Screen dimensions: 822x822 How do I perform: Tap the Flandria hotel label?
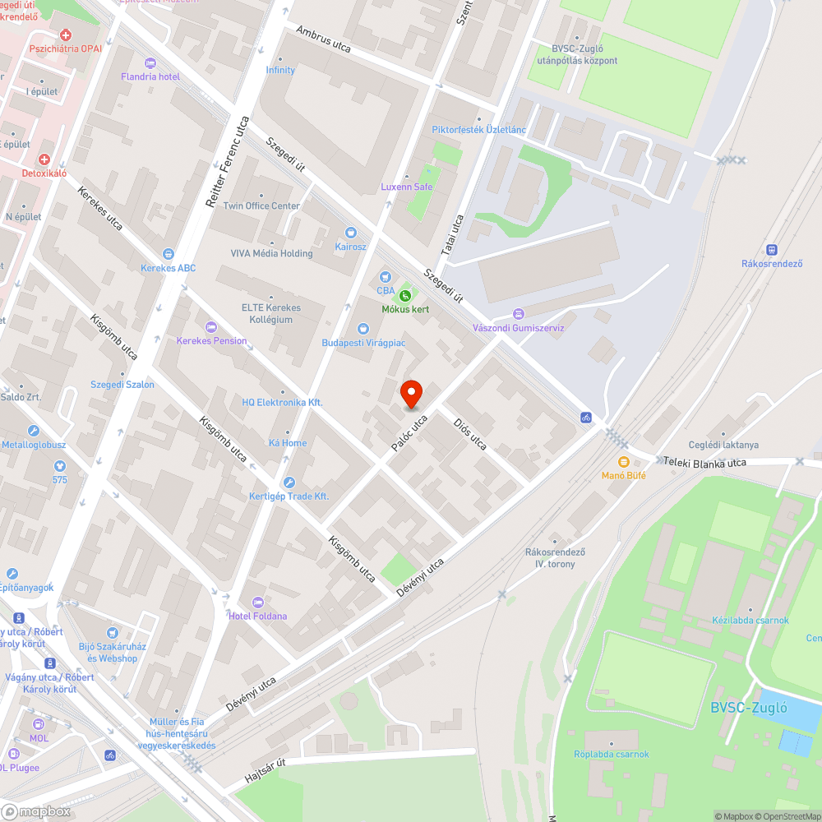pyautogui.click(x=150, y=76)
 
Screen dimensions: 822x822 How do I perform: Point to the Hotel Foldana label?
pyautogui.click(x=258, y=616)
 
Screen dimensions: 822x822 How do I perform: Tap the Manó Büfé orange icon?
pyautogui.click(x=623, y=462)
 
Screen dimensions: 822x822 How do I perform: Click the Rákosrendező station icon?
pyautogui.click(x=772, y=250)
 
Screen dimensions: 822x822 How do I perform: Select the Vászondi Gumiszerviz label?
pyautogui.click(x=518, y=327)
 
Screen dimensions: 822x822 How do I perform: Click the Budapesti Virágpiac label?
pyautogui.click(x=363, y=342)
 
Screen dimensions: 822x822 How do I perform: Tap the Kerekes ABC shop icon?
pyautogui.click(x=169, y=255)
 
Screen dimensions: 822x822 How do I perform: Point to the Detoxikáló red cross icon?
pyautogui.click(x=44, y=159)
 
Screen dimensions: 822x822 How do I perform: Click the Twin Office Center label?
pyautogui.click(x=261, y=205)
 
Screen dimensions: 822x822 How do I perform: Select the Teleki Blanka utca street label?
pyautogui.click(x=707, y=463)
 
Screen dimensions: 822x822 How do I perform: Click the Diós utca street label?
pyautogui.click(x=470, y=433)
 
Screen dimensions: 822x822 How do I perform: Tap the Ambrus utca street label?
pyautogui.click(x=324, y=39)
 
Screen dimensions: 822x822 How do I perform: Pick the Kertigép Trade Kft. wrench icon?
pyautogui.click(x=289, y=483)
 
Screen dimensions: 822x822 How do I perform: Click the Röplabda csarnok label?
pyautogui.click(x=612, y=754)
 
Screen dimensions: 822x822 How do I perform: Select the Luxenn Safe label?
pyautogui.click(x=406, y=187)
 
